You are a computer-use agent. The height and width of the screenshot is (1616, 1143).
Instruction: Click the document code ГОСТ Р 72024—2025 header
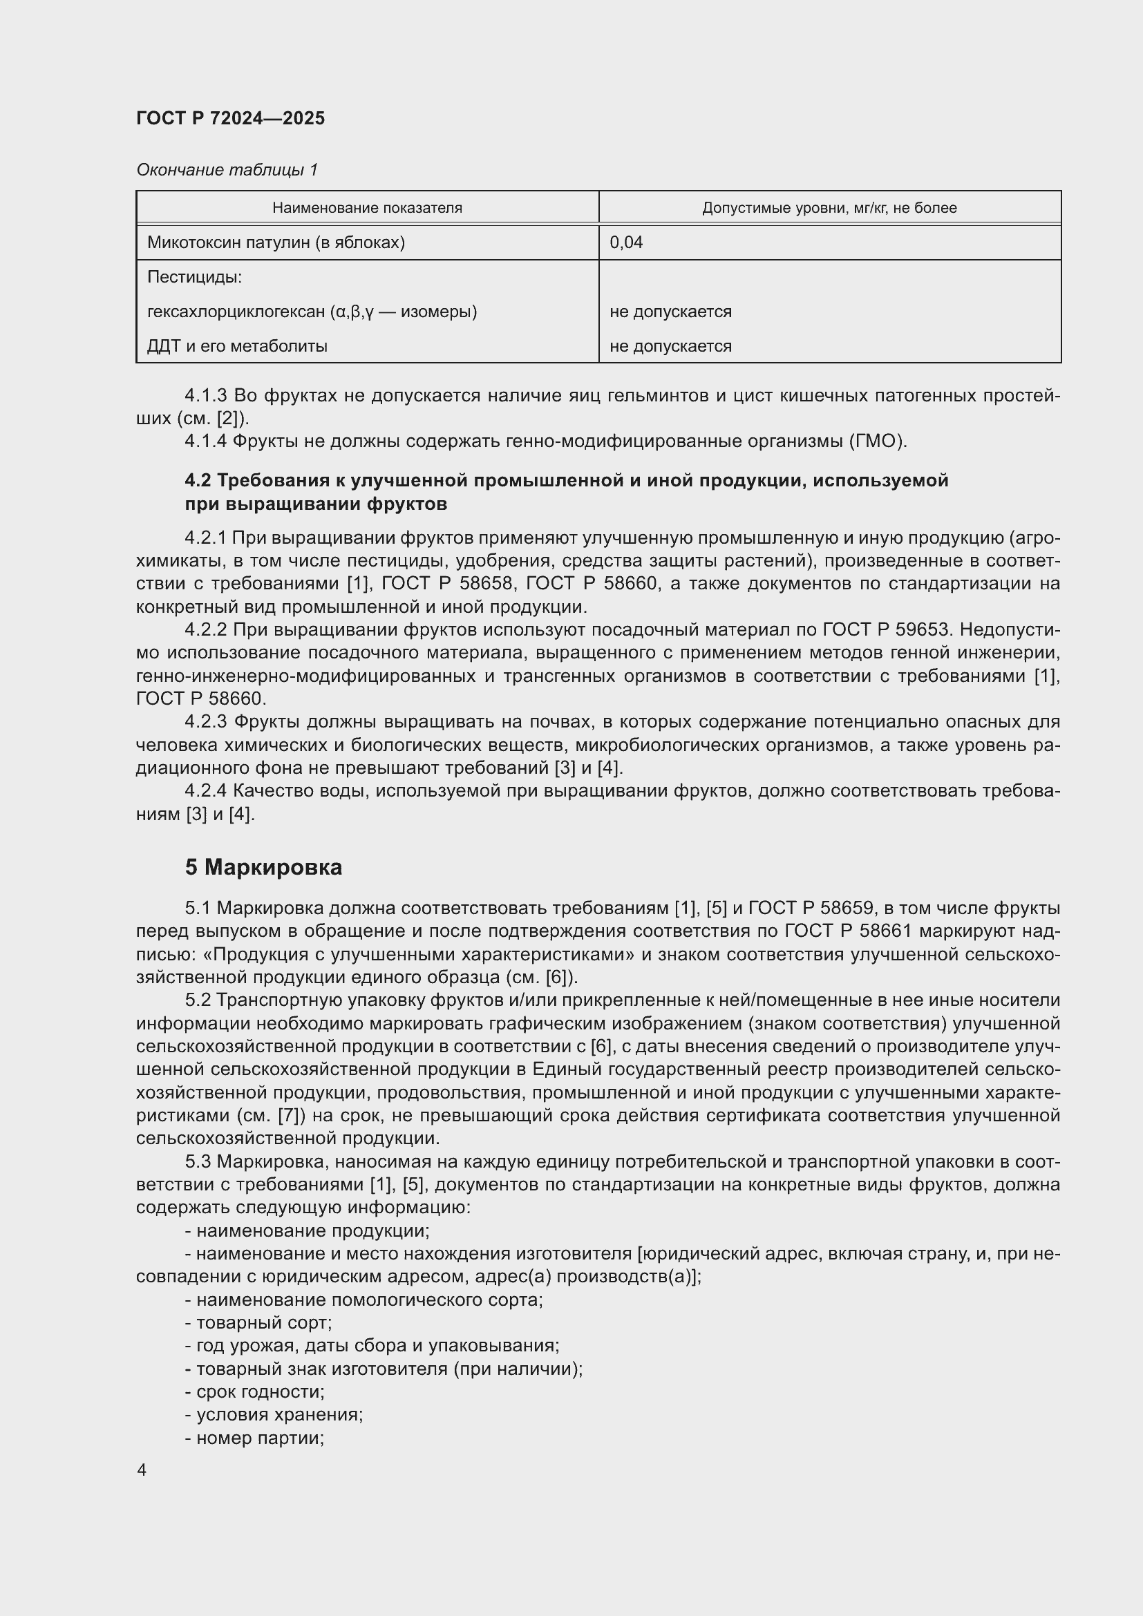coord(230,118)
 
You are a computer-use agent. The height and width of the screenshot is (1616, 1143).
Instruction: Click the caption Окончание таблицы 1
coord(227,170)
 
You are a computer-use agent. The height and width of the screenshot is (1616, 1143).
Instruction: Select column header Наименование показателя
coord(367,208)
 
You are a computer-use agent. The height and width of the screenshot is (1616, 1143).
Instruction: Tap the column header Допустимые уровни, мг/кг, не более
coord(829,208)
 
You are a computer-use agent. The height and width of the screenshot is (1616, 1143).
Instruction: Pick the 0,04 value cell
coord(625,243)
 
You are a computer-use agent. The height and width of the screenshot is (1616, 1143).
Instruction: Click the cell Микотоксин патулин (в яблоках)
coord(276,243)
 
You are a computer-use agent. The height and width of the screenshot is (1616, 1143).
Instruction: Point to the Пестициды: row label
coord(194,277)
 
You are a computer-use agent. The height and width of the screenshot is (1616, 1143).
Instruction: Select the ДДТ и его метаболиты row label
coord(237,346)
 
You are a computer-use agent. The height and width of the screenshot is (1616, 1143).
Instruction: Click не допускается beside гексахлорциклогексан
coord(670,312)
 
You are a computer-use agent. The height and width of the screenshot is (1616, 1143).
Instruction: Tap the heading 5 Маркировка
coord(263,867)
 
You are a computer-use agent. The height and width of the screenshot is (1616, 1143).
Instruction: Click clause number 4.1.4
coord(205,441)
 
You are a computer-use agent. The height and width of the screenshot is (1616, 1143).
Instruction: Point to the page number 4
coord(142,1470)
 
